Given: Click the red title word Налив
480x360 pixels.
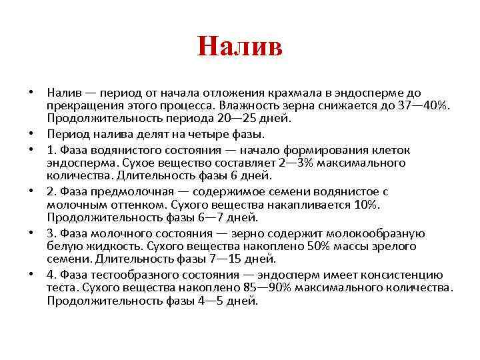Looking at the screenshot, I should (x=240, y=47).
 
